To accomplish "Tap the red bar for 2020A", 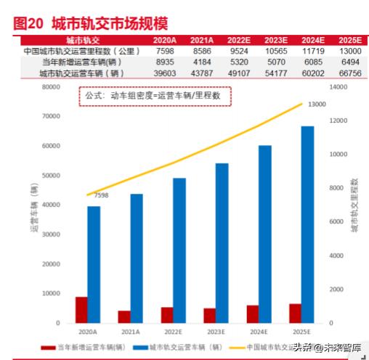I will (x=81, y=310).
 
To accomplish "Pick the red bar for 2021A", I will (x=124, y=316).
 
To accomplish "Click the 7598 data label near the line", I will (x=100, y=195).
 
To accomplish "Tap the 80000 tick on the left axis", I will (x=49, y=87).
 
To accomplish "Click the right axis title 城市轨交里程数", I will (x=354, y=205).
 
